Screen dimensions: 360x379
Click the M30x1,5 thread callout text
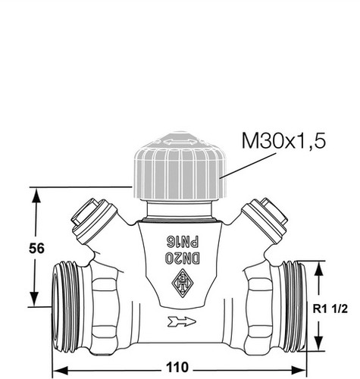pyautogui.click(x=283, y=140)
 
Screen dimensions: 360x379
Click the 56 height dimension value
pyautogui.click(x=36, y=249)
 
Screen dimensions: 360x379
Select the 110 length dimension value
pyautogui.click(x=177, y=367)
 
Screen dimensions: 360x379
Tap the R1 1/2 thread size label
pyautogui.click(x=330, y=309)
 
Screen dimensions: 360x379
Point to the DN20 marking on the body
pyautogui.click(x=183, y=258)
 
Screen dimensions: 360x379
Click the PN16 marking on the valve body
pyautogui.click(x=183, y=242)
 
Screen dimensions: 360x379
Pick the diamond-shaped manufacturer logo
pyautogui.click(x=183, y=283)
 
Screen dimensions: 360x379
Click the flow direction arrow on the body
pyautogui.click(x=181, y=321)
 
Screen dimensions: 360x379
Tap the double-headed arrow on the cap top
pyautogui.click(x=180, y=142)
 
